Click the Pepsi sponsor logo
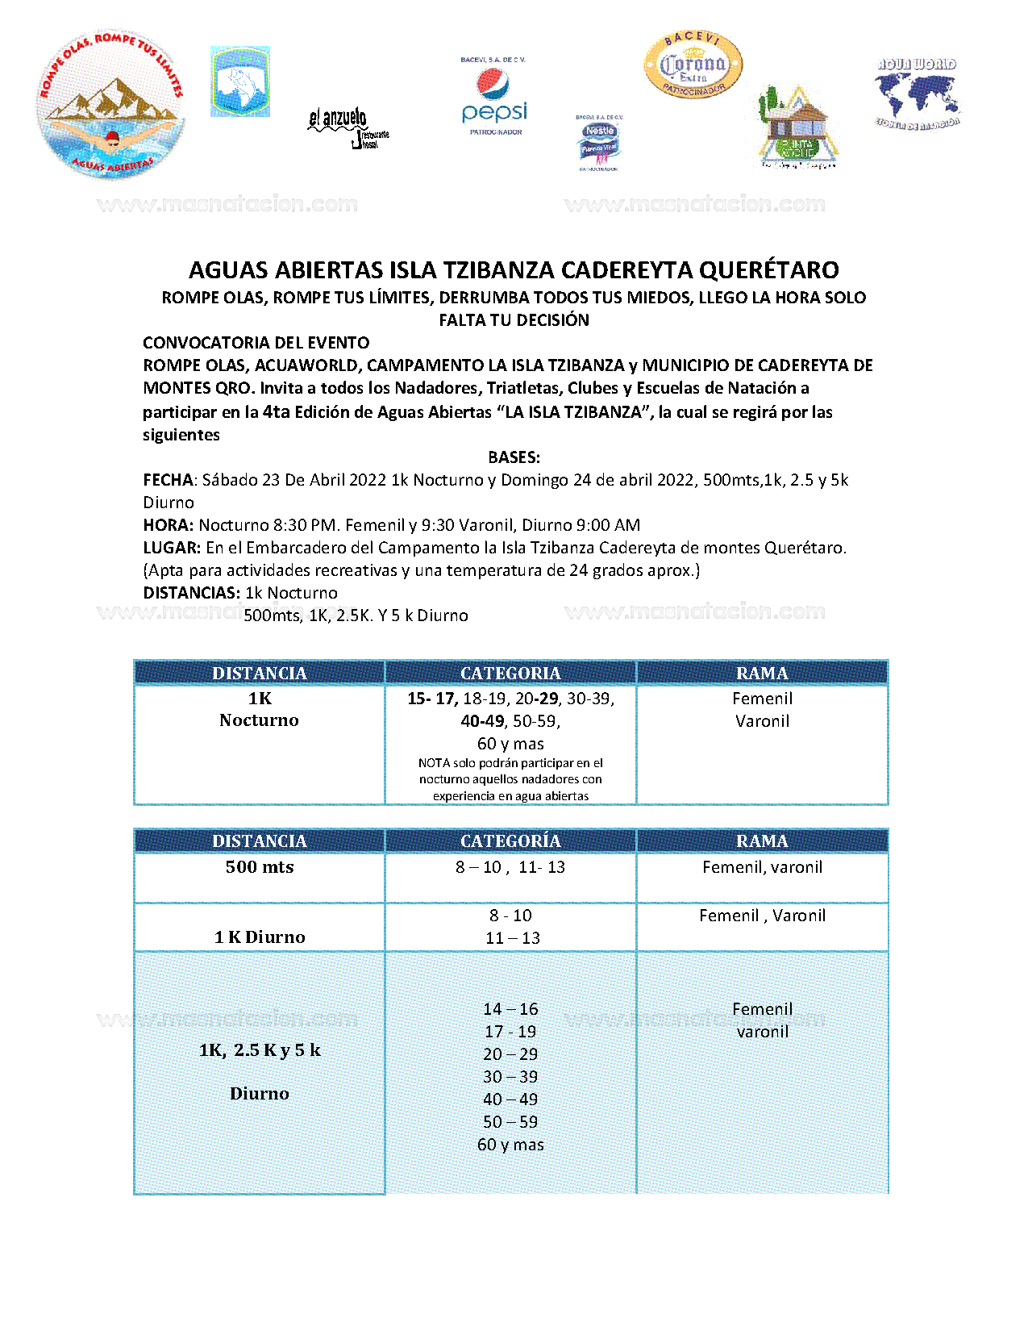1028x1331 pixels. [x=494, y=97]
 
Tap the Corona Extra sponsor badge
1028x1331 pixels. [x=693, y=65]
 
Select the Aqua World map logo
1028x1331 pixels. [x=917, y=93]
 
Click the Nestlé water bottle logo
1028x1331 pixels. [x=599, y=144]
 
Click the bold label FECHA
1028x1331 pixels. [x=168, y=480]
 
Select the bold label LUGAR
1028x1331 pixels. [x=171, y=548]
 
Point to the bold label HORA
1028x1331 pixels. [x=168, y=525]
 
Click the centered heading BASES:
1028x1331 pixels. [x=514, y=457]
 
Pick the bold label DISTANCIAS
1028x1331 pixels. [x=191, y=593]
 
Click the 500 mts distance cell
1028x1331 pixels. [x=260, y=867]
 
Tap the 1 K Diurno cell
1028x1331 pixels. [x=260, y=937]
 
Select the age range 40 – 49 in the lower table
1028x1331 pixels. [x=510, y=1099]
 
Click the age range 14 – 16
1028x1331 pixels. [x=510, y=1009]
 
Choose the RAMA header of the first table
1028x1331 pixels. [x=762, y=673]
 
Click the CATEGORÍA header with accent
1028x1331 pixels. [x=510, y=841]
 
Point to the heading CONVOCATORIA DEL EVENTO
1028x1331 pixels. [x=256, y=343]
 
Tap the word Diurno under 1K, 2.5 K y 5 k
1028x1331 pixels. [x=259, y=1094]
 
